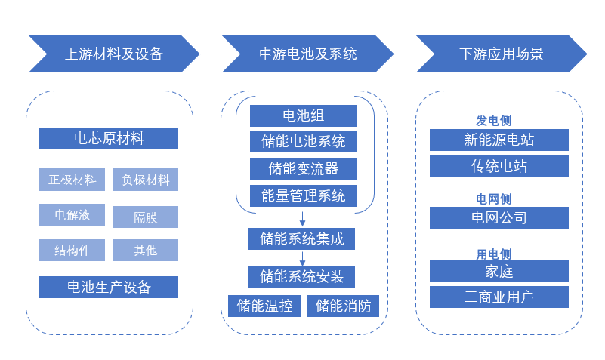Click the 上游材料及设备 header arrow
113,54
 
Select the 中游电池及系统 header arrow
307,54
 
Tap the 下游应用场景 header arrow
501,54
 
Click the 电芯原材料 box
109,138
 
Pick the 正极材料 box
73,180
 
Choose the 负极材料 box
146,180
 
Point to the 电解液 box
73,215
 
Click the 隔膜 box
146,217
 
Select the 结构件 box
73,250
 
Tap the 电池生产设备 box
109,287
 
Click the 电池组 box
303,115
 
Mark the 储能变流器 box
303,168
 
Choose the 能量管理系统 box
303,196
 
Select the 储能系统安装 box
302,276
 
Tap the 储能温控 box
264,306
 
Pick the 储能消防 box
343,306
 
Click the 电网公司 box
499,217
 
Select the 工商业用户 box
499,297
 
